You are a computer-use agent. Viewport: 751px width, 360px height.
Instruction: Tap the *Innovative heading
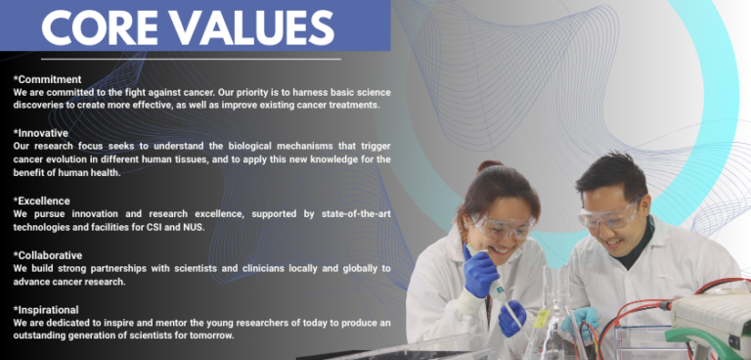pos(41,133)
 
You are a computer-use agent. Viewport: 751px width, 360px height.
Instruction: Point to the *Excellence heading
pos(42,201)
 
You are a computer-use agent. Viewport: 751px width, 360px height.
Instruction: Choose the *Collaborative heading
pos(48,255)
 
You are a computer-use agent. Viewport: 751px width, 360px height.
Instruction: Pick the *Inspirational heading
pos(48,309)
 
